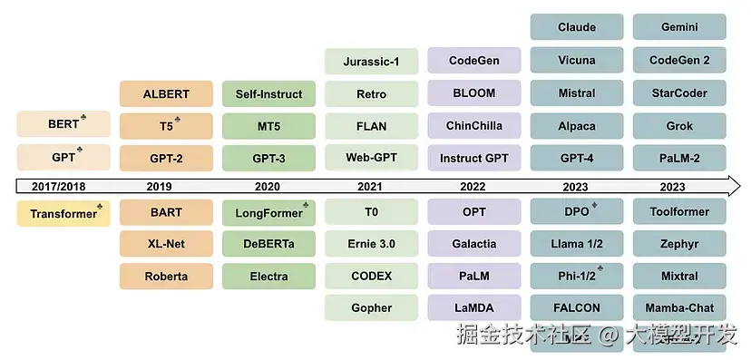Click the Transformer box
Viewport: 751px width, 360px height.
click(63, 213)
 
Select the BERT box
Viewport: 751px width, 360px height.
click(63, 124)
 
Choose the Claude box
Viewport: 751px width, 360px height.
click(577, 27)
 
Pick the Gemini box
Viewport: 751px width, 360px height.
click(679, 27)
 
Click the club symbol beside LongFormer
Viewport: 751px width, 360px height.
click(305, 206)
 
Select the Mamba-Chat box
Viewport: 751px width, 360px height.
click(679, 307)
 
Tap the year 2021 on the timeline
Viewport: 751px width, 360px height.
click(371, 186)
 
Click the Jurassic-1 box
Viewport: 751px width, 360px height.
click(371, 61)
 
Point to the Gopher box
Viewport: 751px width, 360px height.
click(371, 307)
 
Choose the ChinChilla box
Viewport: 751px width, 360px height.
click(474, 125)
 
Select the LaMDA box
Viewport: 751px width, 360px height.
click(474, 307)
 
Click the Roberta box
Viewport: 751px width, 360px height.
click(166, 276)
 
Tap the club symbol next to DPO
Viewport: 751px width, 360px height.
click(595, 206)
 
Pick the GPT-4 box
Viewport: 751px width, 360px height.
click(577, 158)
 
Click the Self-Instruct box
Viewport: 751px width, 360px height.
click(268, 93)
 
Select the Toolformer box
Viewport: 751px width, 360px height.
click(679, 212)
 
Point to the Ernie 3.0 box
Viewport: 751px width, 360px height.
click(371, 244)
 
